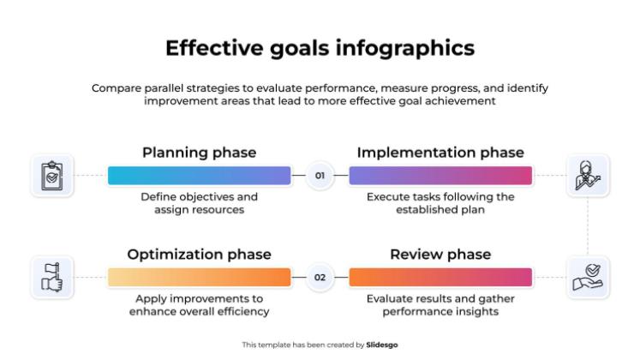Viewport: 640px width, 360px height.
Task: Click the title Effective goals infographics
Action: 320,49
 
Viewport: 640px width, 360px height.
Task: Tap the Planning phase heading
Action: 199,153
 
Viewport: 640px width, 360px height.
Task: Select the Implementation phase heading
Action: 440,153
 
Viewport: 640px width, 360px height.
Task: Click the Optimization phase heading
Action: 199,255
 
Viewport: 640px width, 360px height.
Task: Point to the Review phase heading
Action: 440,255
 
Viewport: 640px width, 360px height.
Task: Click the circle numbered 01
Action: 320,176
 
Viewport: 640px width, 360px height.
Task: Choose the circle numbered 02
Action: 320,277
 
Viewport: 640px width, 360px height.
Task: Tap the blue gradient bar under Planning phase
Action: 199,176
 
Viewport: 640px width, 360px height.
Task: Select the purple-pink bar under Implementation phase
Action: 440,176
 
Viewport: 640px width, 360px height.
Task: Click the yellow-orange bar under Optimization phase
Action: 199,277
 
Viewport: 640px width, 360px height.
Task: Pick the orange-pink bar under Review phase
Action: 440,277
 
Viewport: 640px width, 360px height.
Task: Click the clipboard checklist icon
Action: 51,176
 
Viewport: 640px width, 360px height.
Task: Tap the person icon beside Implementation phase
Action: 588,176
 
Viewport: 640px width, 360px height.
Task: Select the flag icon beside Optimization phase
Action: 51,277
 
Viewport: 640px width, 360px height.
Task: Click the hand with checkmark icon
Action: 588,277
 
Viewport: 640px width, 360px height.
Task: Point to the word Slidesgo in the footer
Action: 382,345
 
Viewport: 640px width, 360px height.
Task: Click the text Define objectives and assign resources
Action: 199,202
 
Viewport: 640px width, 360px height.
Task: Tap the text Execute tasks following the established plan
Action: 440,202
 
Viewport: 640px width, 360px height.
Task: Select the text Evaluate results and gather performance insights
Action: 440,304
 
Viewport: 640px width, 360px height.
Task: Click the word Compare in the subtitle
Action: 117,88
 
